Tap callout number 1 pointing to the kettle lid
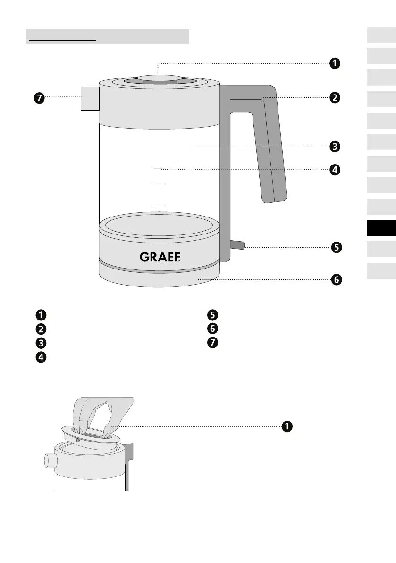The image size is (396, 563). pyautogui.click(x=334, y=63)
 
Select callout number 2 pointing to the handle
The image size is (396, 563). pyautogui.click(x=334, y=98)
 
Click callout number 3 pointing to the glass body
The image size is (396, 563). pyautogui.click(x=334, y=147)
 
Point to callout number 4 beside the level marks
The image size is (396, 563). pyautogui.click(x=334, y=169)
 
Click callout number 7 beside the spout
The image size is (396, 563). pyautogui.click(x=39, y=98)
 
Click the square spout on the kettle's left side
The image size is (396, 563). pyautogui.click(x=89, y=98)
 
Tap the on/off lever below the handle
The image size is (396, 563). pyautogui.click(x=237, y=244)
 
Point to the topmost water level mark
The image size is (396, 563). pyautogui.click(x=160, y=168)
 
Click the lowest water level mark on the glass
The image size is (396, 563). pyautogui.click(x=160, y=204)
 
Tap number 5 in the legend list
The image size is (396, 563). pyautogui.click(x=211, y=314)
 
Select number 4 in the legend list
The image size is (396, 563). pyautogui.click(x=41, y=358)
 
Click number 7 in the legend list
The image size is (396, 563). pyautogui.click(x=211, y=343)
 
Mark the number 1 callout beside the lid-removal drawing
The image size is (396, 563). pyautogui.click(x=286, y=426)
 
